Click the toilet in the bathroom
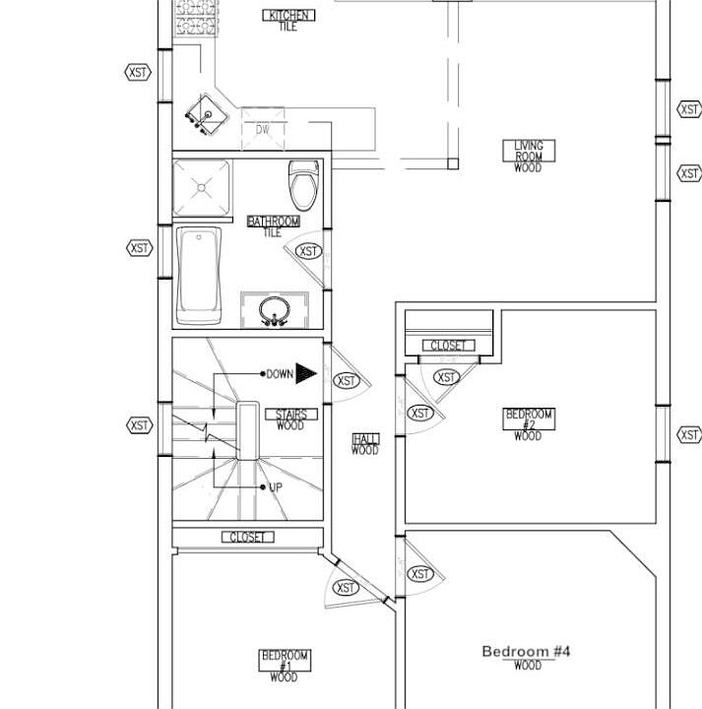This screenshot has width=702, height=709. [303, 185]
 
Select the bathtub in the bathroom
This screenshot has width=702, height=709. [199, 276]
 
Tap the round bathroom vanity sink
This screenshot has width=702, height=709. [275, 310]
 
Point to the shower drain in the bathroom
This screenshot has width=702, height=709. [202, 187]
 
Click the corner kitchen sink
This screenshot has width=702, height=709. [208, 115]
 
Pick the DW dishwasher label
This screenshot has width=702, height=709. [263, 129]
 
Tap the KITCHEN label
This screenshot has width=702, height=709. [288, 16]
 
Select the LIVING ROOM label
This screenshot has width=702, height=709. [529, 151]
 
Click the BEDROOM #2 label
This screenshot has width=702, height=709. [529, 419]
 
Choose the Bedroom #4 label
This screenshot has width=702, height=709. [526, 652]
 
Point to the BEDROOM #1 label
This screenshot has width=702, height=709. [285, 661]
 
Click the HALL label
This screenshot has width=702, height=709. [365, 439]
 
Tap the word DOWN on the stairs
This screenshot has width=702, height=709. [280, 374]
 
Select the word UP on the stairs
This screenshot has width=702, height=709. [276, 487]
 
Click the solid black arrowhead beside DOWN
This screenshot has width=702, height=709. [306, 373]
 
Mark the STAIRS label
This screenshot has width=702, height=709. [291, 415]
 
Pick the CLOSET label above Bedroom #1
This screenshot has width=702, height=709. [248, 538]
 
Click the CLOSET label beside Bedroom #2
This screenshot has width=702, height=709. [448, 346]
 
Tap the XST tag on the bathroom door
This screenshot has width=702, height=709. [309, 251]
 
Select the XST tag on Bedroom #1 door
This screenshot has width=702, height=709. [346, 588]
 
